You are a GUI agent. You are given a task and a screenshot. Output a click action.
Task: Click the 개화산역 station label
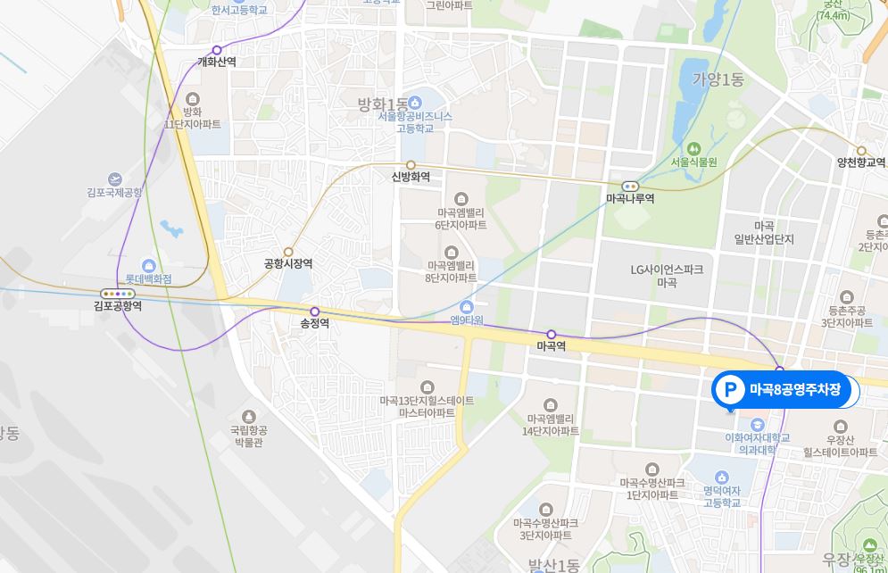click(x=217, y=62)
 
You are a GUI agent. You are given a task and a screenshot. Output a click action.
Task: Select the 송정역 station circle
click(x=314, y=311)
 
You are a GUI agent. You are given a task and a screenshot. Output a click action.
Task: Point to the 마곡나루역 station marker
click(x=630, y=186)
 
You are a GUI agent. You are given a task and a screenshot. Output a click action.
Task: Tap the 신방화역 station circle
click(x=411, y=164)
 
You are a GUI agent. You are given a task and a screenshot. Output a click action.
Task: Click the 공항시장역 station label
click(x=288, y=264)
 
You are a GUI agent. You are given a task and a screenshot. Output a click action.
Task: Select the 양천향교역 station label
click(x=861, y=162)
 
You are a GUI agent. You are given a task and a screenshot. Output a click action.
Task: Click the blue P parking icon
click(x=731, y=390)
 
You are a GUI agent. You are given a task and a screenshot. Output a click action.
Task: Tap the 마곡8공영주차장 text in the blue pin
click(x=794, y=390)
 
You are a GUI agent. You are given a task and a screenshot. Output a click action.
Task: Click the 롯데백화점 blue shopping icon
click(x=148, y=264)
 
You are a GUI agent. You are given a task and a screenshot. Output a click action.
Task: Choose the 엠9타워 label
click(x=466, y=320)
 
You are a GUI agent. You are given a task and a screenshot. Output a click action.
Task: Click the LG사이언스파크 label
click(x=667, y=269)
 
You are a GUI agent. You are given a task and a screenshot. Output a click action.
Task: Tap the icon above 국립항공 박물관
click(x=249, y=416)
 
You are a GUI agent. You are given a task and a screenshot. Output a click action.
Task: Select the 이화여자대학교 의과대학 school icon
click(x=758, y=424)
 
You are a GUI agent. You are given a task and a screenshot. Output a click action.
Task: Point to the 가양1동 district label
click(x=718, y=79)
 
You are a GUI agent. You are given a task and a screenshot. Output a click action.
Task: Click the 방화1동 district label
click(x=383, y=104)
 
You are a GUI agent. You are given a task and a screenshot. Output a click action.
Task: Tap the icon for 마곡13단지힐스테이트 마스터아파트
click(x=427, y=386)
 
